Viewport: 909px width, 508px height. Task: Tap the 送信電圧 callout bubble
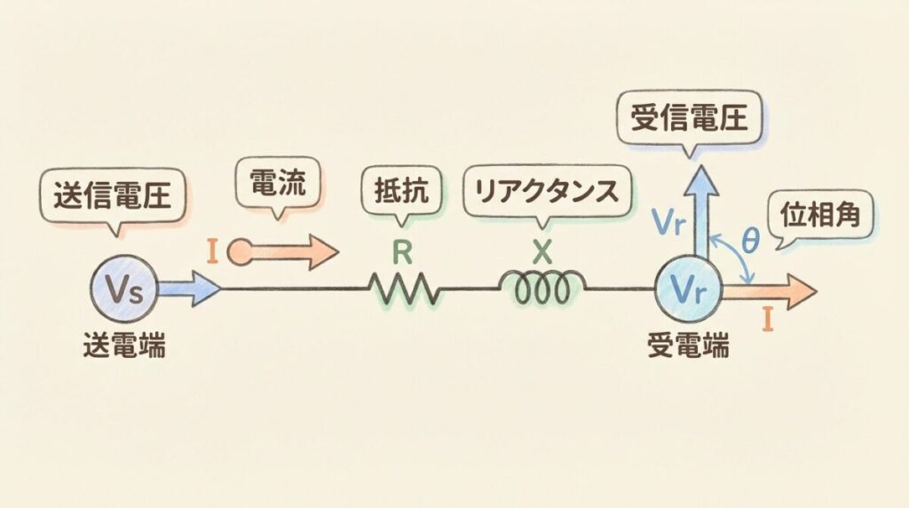point(113,194)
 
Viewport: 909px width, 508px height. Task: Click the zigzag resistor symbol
point(404,289)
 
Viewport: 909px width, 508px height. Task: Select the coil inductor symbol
point(543,287)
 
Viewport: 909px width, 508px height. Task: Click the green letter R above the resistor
point(402,253)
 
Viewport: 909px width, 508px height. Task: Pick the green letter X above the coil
point(542,252)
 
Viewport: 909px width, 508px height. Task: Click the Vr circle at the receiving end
point(689,289)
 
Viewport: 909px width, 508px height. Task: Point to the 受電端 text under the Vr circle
point(690,345)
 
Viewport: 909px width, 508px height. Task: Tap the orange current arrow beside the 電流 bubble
point(284,253)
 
